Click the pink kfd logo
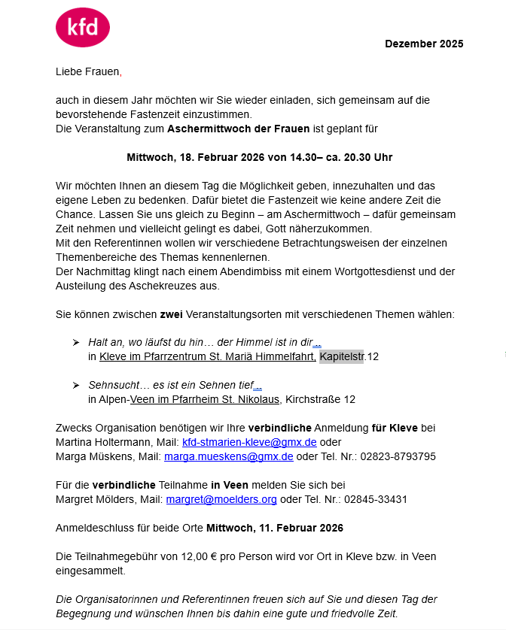83,28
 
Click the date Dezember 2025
424,44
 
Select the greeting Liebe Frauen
87,71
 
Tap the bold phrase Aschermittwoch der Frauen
238,129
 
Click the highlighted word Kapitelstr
342,356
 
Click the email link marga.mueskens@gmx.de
239,456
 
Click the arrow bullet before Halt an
76,342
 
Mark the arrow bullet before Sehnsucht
76,385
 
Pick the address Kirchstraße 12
319,399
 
